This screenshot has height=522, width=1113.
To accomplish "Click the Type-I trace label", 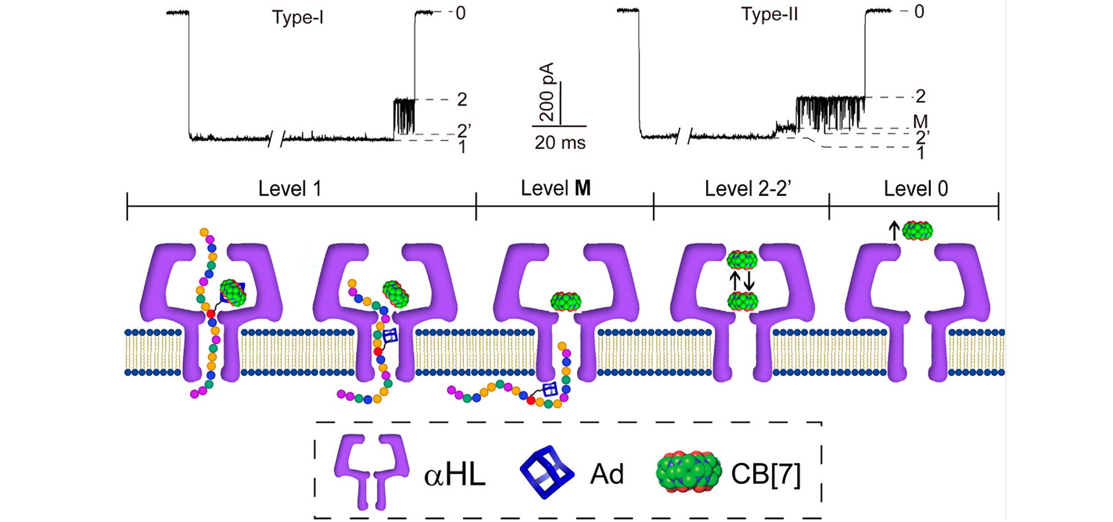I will click(298, 18).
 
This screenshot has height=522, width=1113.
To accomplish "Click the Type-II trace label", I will click(769, 15).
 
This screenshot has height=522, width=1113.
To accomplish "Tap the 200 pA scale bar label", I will click(547, 92).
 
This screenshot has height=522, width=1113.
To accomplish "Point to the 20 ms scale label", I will click(560, 143).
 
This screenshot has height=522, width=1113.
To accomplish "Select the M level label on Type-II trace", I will click(920, 121).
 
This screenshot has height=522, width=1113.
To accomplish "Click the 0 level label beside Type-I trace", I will click(461, 13).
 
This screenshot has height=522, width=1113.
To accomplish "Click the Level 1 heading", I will click(289, 189).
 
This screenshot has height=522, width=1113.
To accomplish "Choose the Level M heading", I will click(556, 189).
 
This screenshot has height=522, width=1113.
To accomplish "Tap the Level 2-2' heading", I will click(748, 189).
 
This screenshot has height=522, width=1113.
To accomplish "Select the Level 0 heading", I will click(916, 189).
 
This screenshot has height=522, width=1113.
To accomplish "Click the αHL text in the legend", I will click(454, 475).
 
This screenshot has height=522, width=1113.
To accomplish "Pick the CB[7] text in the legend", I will click(765, 474).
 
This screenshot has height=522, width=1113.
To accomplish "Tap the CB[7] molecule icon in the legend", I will click(689, 472).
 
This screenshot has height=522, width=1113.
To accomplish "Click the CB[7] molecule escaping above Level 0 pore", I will click(917, 231).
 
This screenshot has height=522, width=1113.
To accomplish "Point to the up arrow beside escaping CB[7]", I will click(894, 231).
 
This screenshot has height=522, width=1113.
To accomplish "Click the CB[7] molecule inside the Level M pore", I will click(566, 301).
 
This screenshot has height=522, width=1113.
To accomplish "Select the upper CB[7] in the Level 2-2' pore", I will click(742, 260).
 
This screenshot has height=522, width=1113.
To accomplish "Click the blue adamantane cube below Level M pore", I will click(550, 389).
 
